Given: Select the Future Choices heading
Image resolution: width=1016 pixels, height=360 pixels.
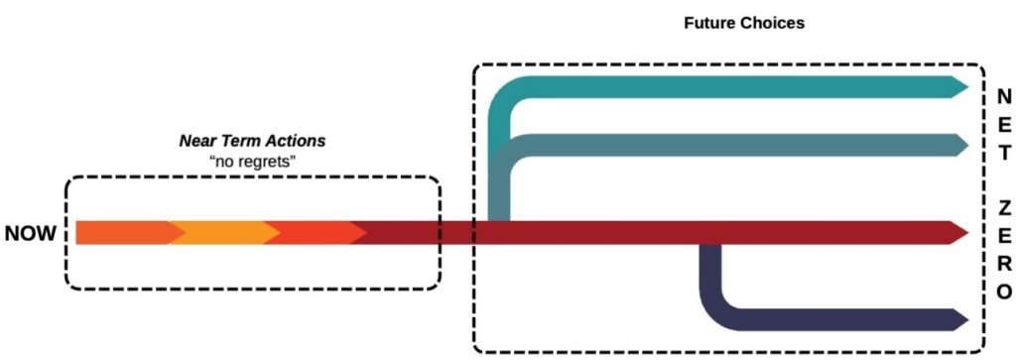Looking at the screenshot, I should tap(729, 22).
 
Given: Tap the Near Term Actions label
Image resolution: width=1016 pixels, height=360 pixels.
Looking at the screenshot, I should tap(252, 142).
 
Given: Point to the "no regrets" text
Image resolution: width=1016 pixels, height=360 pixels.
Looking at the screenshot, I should tap(252, 161).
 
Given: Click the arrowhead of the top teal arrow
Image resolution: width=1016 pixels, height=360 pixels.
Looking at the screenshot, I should tap(958, 87).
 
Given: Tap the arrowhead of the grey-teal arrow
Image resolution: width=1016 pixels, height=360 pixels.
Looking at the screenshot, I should tap(958, 145).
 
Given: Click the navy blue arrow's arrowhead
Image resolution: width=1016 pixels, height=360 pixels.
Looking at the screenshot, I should tap(958, 319).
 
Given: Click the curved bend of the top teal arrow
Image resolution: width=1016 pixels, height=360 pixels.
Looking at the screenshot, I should tap(506, 99).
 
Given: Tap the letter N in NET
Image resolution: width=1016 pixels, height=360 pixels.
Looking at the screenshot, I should tap(1003, 96).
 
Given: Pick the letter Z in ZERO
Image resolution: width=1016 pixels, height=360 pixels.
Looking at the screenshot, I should tap(1003, 208).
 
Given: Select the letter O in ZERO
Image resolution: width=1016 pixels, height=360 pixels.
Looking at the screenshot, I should tap(1003, 292).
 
